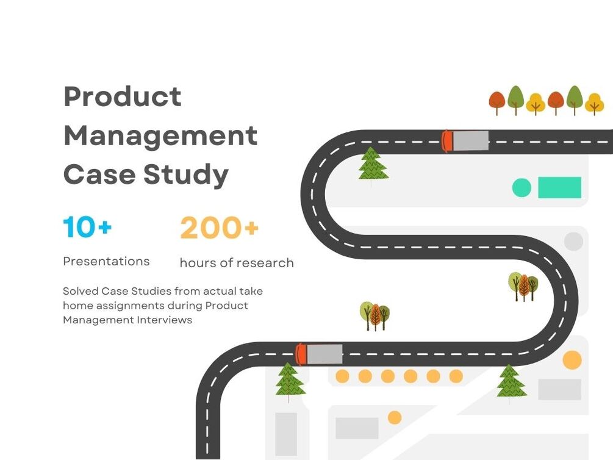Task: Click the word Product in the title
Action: (122, 96)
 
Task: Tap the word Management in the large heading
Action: (160, 135)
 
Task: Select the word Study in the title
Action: (186, 174)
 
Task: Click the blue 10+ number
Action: (87, 227)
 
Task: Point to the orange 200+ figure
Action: (219, 228)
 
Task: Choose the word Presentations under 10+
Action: (106, 261)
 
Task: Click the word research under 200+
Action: (266, 263)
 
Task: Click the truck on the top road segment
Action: (466, 141)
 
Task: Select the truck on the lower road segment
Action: (319, 354)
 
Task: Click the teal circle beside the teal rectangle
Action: (522, 188)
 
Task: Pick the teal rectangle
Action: (559, 188)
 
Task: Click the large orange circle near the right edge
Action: (572, 360)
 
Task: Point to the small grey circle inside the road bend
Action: (573, 242)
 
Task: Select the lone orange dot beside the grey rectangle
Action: (395, 417)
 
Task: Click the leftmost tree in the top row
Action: (497, 102)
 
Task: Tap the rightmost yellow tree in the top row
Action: (594, 104)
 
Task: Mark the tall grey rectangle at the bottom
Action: (286, 434)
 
